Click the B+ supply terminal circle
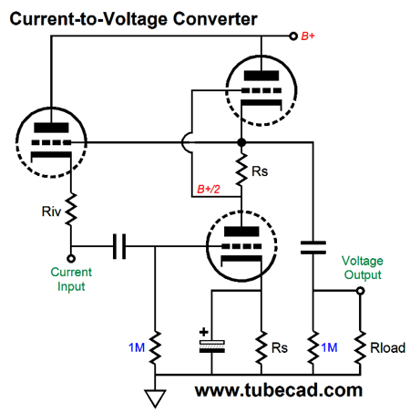(x=293, y=36)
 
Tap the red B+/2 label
(x=209, y=189)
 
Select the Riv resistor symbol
(x=71, y=210)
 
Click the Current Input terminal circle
(x=71, y=259)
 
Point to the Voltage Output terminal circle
(x=360, y=291)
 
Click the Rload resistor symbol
(x=360, y=347)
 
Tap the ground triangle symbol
(x=155, y=398)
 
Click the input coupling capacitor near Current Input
(x=119, y=246)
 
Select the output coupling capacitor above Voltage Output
(x=313, y=247)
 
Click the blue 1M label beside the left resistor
(x=137, y=347)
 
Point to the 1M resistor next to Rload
(x=313, y=347)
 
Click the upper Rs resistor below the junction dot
(x=241, y=170)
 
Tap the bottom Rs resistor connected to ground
(x=261, y=347)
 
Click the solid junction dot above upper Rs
(x=241, y=142)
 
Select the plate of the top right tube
(x=261, y=76)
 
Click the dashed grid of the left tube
(x=51, y=142)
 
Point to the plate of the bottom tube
(x=241, y=232)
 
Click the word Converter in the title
(x=215, y=19)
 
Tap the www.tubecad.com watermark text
(x=279, y=390)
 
